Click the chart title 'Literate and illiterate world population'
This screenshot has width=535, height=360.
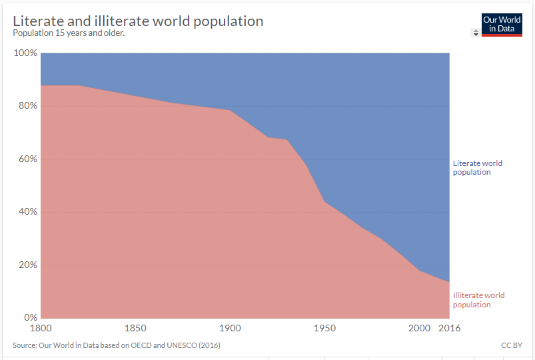138,21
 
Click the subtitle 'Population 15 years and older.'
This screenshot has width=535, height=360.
69,33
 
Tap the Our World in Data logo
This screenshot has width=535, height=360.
501,25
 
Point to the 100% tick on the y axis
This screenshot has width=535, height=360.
25,53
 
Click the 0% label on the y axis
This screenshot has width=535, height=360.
30,317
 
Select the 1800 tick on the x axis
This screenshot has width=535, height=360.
41,328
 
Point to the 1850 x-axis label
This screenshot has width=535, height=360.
135,328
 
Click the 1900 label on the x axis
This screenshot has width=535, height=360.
230,328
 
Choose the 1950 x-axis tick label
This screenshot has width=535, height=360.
324,328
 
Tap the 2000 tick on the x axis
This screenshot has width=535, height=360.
419,328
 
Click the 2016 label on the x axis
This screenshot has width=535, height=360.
449,328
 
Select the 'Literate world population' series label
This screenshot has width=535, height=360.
477,167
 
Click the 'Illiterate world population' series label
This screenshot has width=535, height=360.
478,300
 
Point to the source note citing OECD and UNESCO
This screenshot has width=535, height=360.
117,345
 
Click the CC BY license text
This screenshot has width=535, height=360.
510,345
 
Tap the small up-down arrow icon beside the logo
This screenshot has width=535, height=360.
475,33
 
